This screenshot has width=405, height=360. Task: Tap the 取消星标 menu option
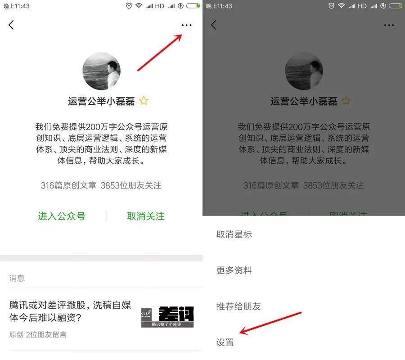pos(234,234)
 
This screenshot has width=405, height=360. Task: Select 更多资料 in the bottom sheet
pos(234,270)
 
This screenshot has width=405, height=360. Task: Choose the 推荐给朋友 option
pos(238,306)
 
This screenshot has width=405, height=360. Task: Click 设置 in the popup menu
pos(225,342)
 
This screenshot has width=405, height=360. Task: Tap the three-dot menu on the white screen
pos(186,25)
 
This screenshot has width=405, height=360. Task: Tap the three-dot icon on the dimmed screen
pos(389,25)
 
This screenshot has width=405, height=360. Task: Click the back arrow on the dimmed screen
pos(214,25)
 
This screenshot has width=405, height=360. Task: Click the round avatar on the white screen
pos(101,71)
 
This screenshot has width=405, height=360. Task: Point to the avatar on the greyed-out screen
pos(304,71)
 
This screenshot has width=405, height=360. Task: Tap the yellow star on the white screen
pos(144,101)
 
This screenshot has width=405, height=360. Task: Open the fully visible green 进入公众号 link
pos(62,216)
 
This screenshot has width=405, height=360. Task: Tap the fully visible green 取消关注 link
pos(146,216)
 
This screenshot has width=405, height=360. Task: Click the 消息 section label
pos(17,278)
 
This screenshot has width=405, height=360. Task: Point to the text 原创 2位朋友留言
pos(38,335)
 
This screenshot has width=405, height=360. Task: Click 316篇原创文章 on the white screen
pos(68,185)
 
